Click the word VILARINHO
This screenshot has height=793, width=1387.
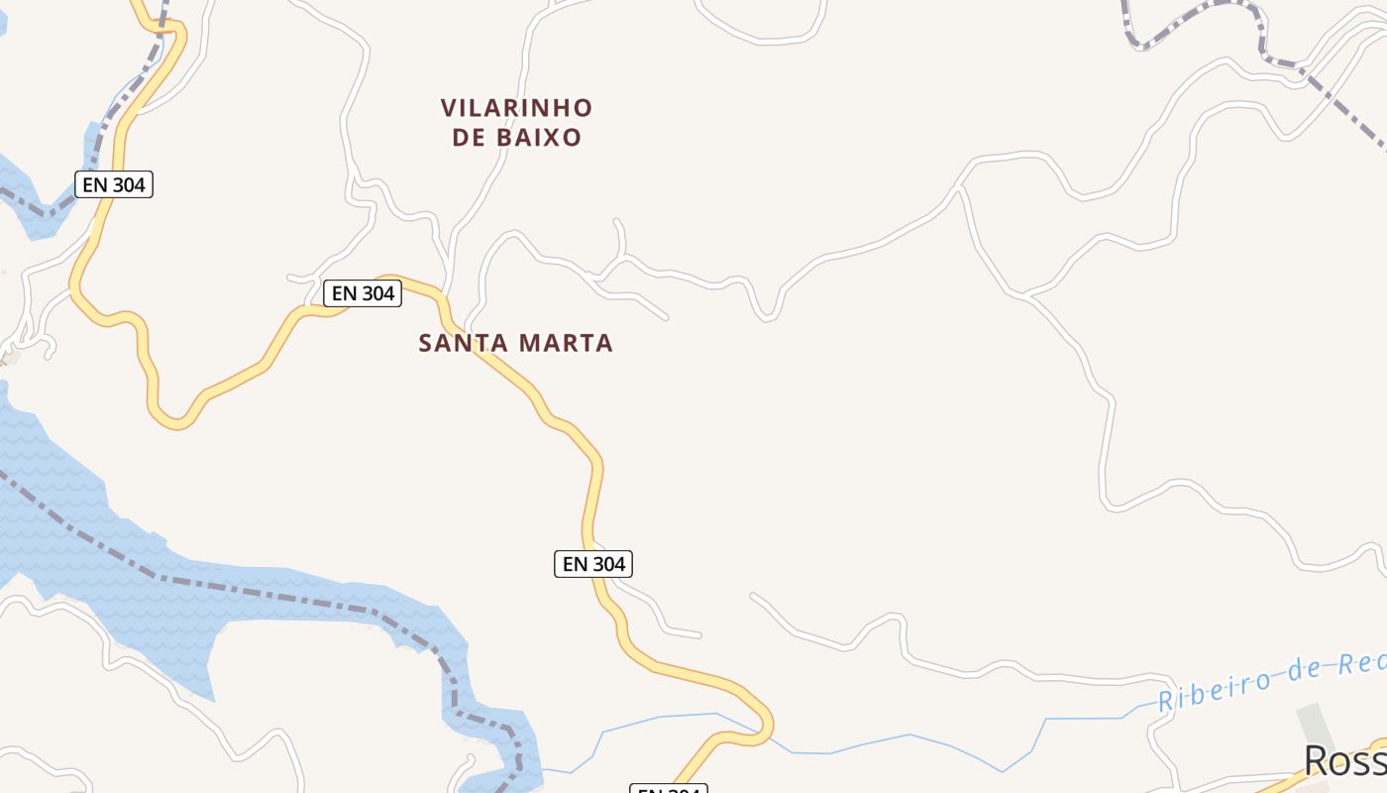pyautogui.click(x=516, y=107)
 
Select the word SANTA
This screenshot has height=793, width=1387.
pyautogui.click(x=462, y=344)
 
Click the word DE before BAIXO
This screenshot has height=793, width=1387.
pyautogui.click(x=469, y=138)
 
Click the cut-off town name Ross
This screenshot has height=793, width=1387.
pyautogui.click(x=1343, y=761)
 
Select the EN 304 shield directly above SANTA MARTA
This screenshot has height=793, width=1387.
pyautogui.click(x=363, y=293)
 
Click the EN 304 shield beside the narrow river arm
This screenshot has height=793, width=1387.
pyautogui.click(x=114, y=184)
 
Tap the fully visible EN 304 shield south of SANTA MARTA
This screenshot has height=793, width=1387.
pyautogui.click(x=592, y=564)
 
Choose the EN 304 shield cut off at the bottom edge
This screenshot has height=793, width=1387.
pyautogui.click(x=669, y=789)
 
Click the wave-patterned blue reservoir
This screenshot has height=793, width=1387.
pyautogui.click(x=59, y=496)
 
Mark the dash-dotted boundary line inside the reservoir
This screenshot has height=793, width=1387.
pyautogui.click(x=267, y=594)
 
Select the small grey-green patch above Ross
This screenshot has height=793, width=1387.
pyautogui.click(x=1314, y=721)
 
